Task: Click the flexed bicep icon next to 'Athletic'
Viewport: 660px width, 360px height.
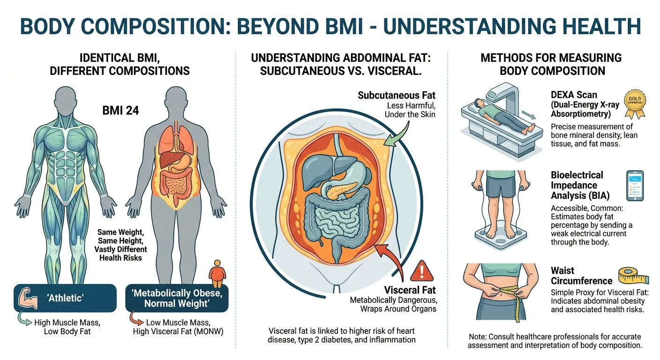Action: pos(28,299)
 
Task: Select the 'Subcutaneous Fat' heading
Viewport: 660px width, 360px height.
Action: pos(397,95)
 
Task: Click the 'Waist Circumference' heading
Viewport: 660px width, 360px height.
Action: pos(581,276)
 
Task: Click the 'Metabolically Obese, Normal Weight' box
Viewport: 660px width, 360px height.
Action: pos(177,298)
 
